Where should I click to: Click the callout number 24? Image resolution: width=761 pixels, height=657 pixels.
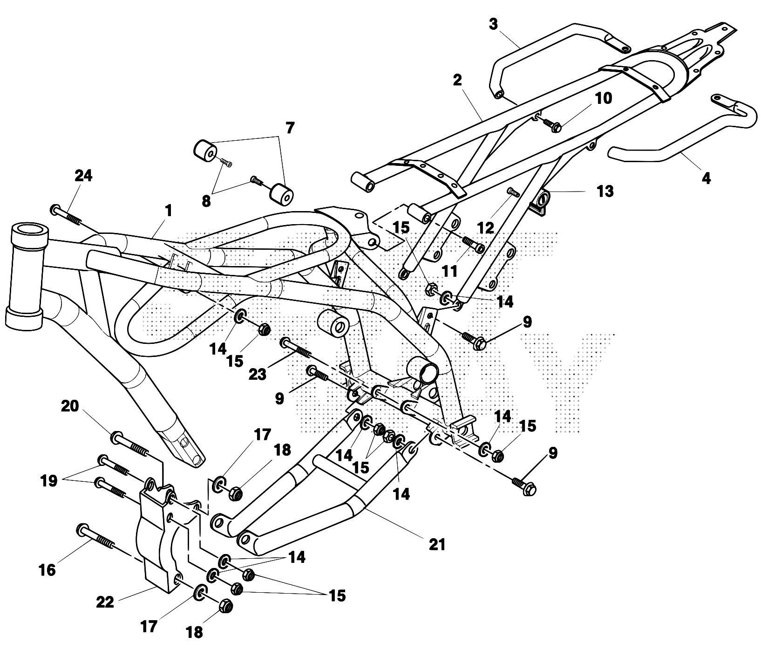pyautogui.click(x=84, y=176)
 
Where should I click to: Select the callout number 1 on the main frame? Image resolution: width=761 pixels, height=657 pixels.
pyautogui.click(x=168, y=211)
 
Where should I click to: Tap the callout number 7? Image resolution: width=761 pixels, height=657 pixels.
pyautogui.click(x=290, y=128)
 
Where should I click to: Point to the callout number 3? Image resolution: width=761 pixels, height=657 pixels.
pyautogui.click(x=494, y=24)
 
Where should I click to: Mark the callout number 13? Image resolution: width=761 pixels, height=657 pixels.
pyautogui.click(x=605, y=191)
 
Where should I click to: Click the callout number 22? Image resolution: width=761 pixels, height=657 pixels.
pyautogui.click(x=105, y=602)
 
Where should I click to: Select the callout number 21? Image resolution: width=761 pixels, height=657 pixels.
pyautogui.click(x=438, y=544)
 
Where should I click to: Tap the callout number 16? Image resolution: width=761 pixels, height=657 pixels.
pyautogui.click(x=48, y=569)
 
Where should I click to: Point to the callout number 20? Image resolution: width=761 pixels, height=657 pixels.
pyautogui.click(x=70, y=407)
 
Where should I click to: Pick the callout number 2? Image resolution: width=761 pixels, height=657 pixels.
pyautogui.click(x=457, y=80)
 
